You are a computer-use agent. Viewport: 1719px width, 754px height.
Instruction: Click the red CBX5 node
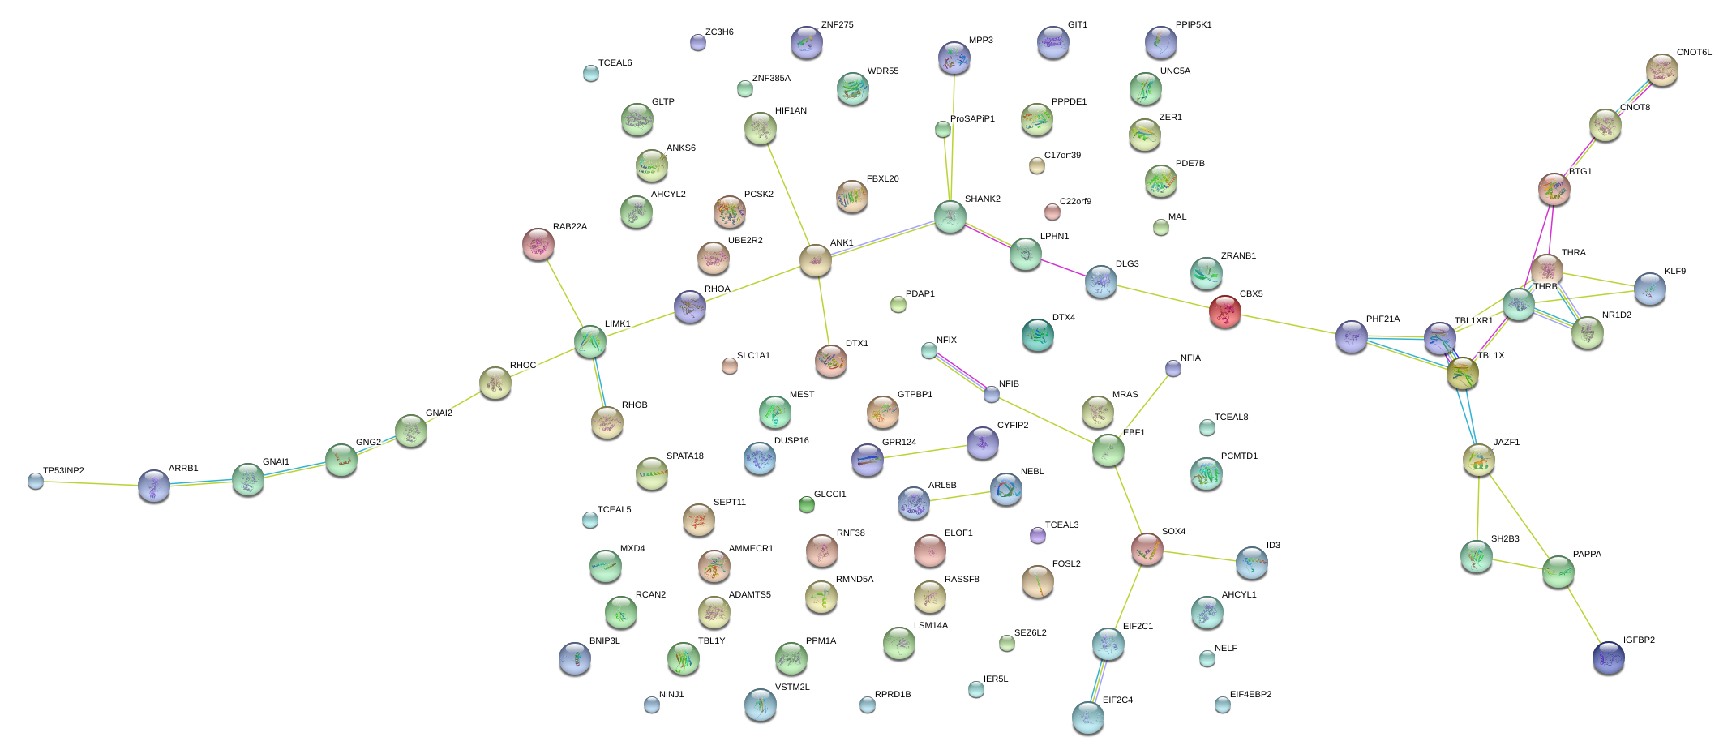(1224, 311)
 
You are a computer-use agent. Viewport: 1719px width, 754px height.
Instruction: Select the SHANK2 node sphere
(950, 216)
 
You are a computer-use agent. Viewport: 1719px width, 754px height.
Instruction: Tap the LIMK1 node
(589, 341)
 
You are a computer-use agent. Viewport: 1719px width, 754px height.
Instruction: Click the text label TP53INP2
(63, 470)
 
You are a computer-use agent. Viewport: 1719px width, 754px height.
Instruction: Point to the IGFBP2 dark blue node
(1608, 657)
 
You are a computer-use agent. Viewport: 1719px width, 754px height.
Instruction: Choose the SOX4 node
(1147, 549)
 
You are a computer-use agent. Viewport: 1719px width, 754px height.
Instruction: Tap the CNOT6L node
(1661, 70)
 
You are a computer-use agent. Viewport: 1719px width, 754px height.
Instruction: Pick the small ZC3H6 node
(697, 42)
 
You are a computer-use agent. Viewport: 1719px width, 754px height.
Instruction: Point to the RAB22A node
(538, 243)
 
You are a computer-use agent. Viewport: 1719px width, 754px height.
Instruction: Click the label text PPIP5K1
(1193, 24)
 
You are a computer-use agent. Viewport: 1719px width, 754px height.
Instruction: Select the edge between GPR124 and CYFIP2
(924, 452)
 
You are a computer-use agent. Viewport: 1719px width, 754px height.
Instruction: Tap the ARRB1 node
(153, 485)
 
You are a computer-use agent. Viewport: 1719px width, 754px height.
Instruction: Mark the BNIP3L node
(574, 658)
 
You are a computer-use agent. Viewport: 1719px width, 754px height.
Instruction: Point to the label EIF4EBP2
(1250, 694)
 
